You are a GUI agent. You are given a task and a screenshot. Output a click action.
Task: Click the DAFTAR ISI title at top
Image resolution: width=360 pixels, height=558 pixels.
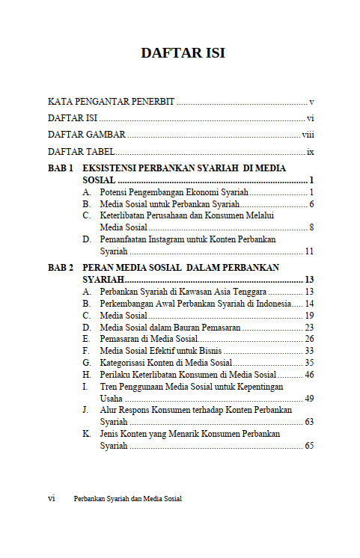click(x=183, y=53)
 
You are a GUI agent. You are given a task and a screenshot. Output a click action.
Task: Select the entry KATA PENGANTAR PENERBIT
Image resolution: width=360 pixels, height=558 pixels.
click(x=112, y=101)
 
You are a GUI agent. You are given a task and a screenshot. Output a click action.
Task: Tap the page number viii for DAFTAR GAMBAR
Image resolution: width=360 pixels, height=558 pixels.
click(x=308, y=135)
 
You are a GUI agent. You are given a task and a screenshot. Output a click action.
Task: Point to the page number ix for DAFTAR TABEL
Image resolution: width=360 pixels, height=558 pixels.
click(x=310, y=153)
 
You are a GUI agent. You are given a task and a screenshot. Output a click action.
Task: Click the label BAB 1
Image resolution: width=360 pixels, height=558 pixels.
click(x=61, y=169)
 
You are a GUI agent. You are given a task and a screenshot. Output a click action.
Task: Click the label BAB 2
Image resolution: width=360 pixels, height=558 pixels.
click(x=61, y=267)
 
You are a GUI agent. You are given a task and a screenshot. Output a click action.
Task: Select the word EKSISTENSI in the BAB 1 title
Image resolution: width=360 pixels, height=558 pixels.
click(x=114, y=169)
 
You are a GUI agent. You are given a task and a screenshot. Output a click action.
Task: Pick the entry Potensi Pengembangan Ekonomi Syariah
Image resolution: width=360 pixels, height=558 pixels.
click(x=174, y=193)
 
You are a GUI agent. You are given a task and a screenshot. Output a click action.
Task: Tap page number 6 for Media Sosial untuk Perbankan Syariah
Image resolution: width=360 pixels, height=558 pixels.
click(x=311, y=204)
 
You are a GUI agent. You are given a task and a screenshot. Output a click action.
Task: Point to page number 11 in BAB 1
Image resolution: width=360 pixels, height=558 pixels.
click(x=308, y=251)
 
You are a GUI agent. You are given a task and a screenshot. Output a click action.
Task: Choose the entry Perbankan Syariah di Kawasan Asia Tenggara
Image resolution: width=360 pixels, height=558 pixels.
click(x=183, y=291)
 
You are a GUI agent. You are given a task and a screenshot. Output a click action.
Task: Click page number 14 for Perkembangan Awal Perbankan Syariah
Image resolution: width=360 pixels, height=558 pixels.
click(x=308, y=303)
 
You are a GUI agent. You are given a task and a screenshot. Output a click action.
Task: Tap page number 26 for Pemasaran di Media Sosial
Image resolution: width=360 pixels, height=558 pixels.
click(x=308, y=339)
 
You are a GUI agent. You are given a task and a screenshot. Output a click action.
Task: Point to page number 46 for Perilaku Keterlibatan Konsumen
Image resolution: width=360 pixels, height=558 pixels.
click(x=308, y=374)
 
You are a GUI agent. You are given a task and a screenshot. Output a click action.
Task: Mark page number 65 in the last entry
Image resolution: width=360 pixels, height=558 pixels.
click(x=308, y=446)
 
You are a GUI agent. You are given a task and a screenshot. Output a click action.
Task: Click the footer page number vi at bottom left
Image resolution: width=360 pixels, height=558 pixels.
click(x=52, y=498)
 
